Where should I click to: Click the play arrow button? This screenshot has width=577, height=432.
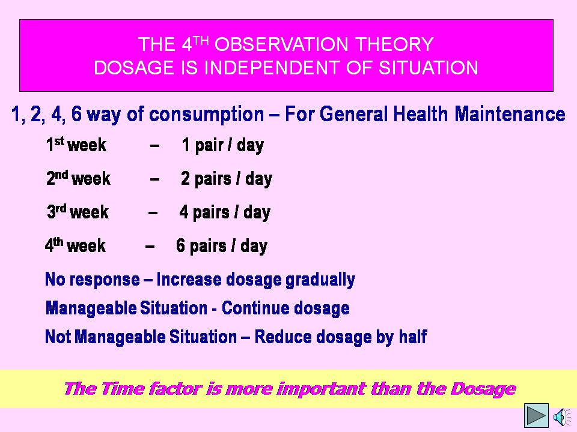pos(536,415)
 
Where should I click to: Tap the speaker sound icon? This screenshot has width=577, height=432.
pos(562,416)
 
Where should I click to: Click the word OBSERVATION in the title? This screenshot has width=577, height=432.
pos(282,44)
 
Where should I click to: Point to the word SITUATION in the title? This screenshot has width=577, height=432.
pos(429,68)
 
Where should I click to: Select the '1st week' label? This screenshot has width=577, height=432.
pos(76,145)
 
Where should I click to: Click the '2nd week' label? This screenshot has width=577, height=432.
pos(78,179)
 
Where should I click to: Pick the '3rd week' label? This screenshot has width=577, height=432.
pos(78,212)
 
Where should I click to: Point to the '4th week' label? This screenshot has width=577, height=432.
pos(76,245)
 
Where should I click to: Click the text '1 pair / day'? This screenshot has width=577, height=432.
pos(223,145)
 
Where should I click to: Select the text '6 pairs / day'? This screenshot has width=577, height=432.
pos(222,246)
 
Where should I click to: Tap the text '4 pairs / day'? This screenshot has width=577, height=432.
pos(225,212)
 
